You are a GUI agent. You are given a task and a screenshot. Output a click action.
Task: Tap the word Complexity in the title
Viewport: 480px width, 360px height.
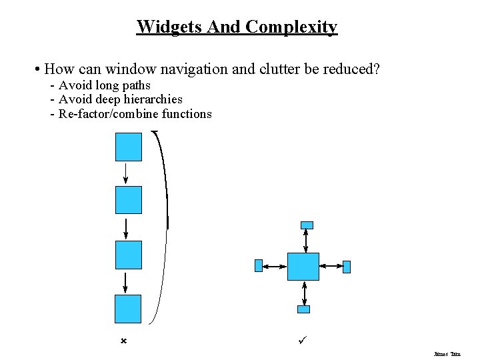pyautogui.click(x=291, y=27)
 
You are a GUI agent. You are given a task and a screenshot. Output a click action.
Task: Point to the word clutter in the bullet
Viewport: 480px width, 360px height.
pyautogui.click(x=288, y=69)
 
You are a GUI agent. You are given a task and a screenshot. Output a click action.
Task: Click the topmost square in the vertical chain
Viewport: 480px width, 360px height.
pyautogui.click(x=129, y=147)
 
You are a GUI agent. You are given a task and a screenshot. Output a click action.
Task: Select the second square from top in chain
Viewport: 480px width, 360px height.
pyautogui.click(x=129, y=200)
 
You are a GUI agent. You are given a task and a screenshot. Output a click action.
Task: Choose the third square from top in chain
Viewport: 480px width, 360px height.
pyautogui.click(x=129, y=255)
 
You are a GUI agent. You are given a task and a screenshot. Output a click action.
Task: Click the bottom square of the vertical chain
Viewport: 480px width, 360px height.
pyautogui.click(x=129, y=309)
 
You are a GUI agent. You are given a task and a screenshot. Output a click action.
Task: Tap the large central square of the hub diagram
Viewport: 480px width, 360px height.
pyautogui.click(x=303, y=267)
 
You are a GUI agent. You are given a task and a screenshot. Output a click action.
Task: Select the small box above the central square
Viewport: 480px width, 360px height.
pyautogui.click(x=306, y=225)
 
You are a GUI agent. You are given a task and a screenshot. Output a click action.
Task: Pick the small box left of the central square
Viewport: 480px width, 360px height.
pyautogui.click(x=259, y=266)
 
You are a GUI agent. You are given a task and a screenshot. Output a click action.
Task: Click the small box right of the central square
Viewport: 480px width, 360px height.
pyautogui.click(x=347, y=267)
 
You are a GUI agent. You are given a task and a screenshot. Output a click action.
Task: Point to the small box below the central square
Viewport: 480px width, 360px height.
pyautogui.click(x=303, y=309)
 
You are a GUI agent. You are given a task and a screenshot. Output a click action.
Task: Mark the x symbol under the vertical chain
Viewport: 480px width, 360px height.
pyautogui.click(x=123, y=341)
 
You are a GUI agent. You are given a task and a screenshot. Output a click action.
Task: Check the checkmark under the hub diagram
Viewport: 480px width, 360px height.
pyautogui.click(x=302, y=340)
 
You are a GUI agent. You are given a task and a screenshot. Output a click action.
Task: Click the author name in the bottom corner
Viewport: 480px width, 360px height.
pyautogui.click(x=447, y=354)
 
